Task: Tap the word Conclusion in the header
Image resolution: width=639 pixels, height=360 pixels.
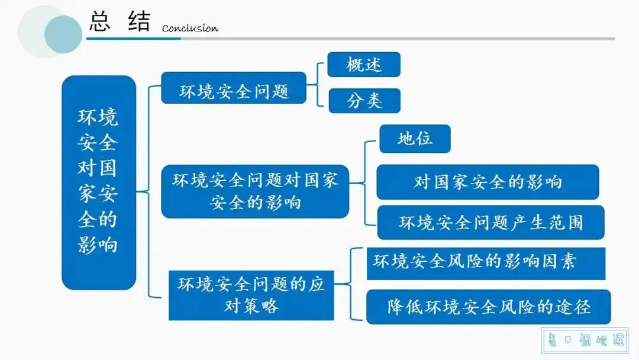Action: [190, 28]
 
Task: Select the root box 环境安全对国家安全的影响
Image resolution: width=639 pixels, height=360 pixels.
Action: [99, 182]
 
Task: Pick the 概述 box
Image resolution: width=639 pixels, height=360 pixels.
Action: [364, 65]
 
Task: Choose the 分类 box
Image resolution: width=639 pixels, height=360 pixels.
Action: [364, 101]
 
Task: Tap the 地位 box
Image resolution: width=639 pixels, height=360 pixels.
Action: [415, 139]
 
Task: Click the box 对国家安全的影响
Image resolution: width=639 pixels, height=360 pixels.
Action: [488, 182]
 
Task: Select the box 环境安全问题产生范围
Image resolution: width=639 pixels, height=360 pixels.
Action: [490, 222]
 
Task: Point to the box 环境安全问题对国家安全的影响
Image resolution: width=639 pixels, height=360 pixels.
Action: [255, 191]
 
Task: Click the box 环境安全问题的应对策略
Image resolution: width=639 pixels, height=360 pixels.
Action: [251, 295]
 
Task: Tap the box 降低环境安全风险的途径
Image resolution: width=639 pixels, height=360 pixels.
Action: [489, 307]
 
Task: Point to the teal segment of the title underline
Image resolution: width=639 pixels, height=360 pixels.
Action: [133, 38]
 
